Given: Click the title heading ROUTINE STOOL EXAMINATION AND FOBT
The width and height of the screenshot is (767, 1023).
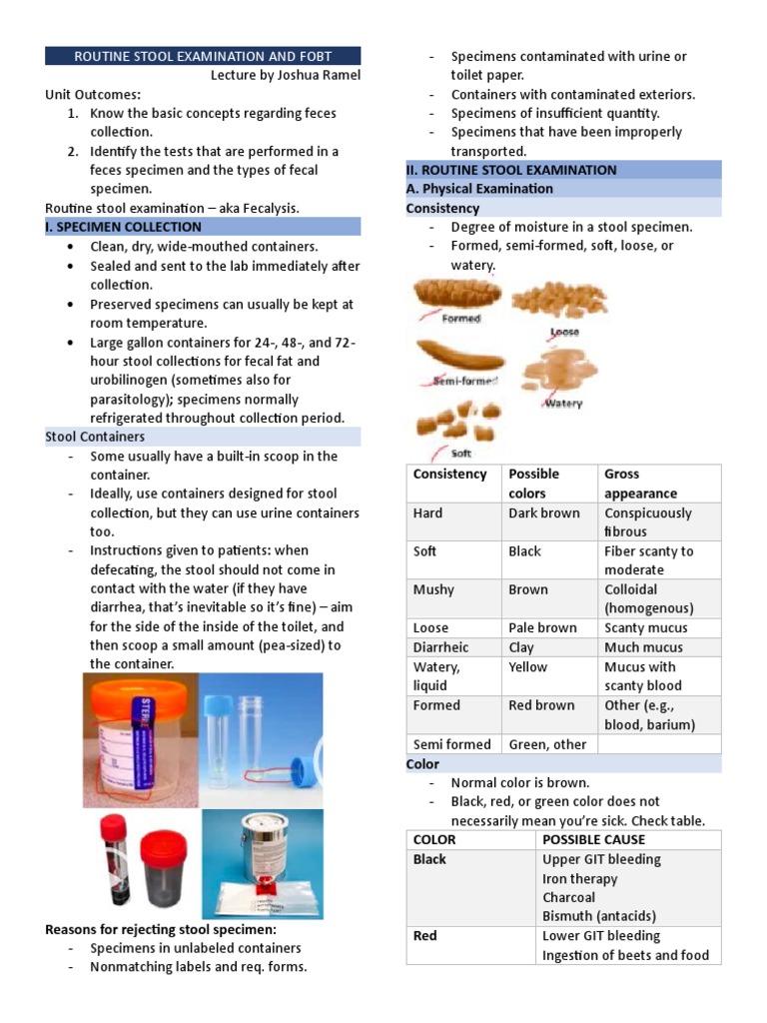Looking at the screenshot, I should point(203,56).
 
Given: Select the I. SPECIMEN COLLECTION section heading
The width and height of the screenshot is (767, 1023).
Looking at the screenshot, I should point(123,227).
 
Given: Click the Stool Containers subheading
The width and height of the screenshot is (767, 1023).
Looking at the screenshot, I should point(95,437).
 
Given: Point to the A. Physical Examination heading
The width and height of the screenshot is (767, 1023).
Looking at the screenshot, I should point(479,189).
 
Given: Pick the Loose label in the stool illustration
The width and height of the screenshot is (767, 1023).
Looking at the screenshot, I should point(564,332).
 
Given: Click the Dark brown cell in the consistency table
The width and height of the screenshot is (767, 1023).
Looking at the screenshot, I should point(542,512).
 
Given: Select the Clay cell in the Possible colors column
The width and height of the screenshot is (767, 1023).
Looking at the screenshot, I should point(521,647).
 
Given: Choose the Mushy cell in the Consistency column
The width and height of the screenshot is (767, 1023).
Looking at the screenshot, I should point(433,589).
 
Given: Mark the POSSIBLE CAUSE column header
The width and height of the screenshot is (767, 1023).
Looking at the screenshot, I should point(593,840).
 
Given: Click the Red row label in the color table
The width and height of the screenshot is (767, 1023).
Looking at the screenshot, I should point(425,936).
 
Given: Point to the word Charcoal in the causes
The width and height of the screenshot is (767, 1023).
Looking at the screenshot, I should point(569,897).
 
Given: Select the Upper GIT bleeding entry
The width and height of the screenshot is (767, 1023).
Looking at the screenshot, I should point(601,859).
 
